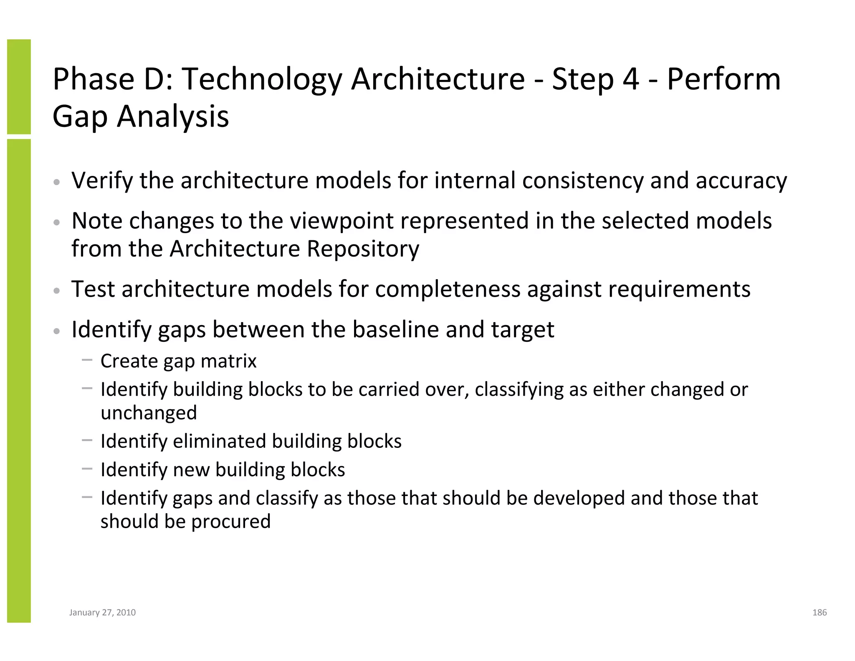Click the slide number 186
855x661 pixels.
point(819,613)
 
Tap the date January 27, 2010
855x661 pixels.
point(102,613)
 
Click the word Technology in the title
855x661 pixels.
point(262,79)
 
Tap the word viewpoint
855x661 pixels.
point(341,221)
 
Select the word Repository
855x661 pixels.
point(363,249)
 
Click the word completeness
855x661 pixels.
point(448,290)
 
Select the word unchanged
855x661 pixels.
point(149,413)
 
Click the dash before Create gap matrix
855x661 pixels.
point(87,359)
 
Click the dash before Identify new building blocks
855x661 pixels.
point(87,468)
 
